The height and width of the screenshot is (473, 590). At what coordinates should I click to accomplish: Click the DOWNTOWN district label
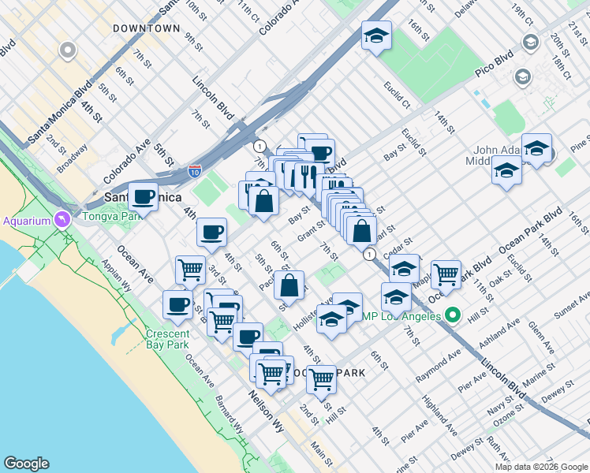coord(146,28)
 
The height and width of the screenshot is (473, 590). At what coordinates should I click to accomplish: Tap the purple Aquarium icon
coord(60,219)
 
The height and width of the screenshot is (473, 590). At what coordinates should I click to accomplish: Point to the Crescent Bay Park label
coord(167,339)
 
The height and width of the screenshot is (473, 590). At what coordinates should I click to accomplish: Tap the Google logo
coord(27,464)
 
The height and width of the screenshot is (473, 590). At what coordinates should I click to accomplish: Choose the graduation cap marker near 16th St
coord(377,35)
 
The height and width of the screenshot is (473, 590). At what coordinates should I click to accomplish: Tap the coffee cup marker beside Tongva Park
coord(143,196)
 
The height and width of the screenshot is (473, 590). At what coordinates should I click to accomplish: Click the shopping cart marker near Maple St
coord(446,274)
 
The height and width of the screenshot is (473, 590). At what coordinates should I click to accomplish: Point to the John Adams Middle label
coord(505,155)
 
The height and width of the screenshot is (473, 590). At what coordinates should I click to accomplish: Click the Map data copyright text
coord(542,466)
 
